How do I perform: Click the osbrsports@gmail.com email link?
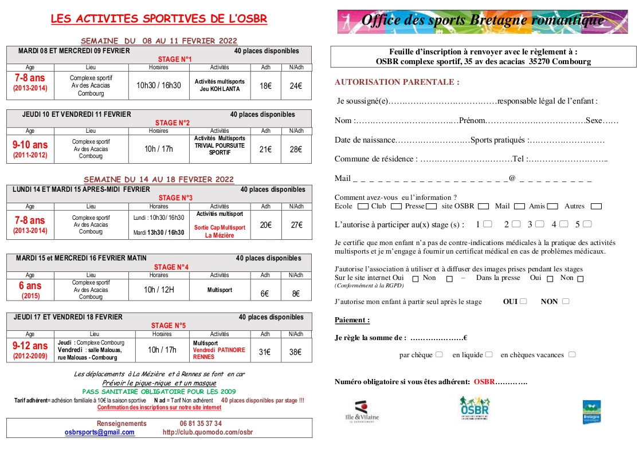point(100,432)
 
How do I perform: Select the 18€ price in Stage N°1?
point(266,86)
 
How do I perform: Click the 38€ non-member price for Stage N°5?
point(295,352)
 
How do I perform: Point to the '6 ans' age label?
point(30,286)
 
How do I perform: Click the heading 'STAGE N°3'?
point(175,198)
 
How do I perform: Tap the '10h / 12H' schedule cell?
point(158,290)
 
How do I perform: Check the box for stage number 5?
point(587,224)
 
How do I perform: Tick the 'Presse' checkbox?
point(432,206)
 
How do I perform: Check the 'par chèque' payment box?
point(439,355)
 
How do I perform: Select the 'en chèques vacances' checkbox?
point(572,355)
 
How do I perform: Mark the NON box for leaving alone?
point(566,302)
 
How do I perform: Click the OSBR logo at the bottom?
point(475,408)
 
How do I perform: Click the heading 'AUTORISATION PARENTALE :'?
point(397,82)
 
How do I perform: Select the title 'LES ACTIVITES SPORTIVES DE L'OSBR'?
point(159,19)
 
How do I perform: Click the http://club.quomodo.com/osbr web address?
point(207,432)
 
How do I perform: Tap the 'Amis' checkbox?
point(552,206)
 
